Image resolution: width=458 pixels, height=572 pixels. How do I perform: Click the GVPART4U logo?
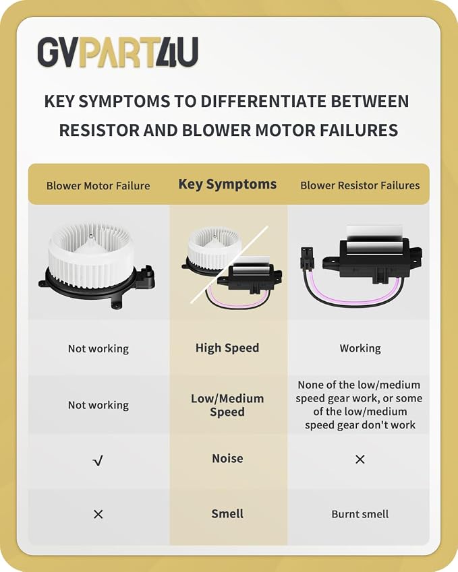point(118,52)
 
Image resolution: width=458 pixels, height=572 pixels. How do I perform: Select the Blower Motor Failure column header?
point(98,186)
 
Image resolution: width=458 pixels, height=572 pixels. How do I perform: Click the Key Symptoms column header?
point(227,185)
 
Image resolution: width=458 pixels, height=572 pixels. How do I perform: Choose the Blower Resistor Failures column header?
point(360,185)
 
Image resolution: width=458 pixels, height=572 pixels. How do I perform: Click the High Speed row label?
point(227,348)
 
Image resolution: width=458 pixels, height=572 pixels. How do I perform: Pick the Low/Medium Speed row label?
point(227,405)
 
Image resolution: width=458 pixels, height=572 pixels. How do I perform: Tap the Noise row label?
point(227,458)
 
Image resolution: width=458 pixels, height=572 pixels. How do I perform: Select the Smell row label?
point(227,513)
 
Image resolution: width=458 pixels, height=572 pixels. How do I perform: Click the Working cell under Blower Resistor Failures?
point(360,348)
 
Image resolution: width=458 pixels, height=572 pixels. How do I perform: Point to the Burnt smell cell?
point(360,514)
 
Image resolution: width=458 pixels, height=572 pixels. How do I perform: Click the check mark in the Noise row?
point(98,461)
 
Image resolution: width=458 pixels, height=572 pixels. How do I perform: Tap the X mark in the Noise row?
point(360,459)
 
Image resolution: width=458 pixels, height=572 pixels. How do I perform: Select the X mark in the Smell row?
point(98,514)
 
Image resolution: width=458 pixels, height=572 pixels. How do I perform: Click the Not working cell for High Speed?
point(98,349)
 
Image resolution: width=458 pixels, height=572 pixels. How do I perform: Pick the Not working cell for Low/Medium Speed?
point(98,406)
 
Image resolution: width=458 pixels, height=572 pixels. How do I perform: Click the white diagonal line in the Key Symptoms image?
point(229,265)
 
